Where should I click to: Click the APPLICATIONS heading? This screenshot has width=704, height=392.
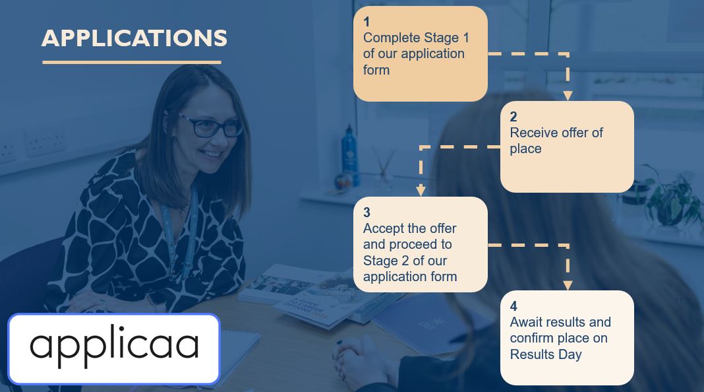point(134,38)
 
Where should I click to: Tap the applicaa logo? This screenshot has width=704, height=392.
point(114,349)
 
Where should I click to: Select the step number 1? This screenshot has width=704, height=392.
point(367,22)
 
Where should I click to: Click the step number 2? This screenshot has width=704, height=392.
point(513,117)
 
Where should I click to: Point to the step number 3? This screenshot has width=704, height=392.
point(367,212)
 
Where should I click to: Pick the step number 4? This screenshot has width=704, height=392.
point(513,306)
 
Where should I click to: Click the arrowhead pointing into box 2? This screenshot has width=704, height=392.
point(568,96)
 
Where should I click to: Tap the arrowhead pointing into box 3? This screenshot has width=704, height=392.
point(421,191)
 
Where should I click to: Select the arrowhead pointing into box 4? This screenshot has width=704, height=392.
point(568,286)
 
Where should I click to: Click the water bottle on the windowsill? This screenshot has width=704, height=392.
point(350,155)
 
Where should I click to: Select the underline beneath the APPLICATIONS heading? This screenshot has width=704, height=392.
point(132,62)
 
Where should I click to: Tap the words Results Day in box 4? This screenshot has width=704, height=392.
point(546,354)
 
